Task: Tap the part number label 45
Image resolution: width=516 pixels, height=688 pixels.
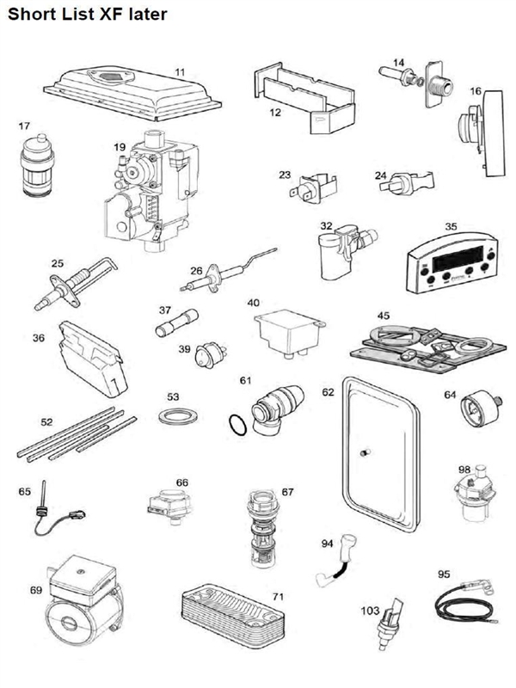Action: point(383,316)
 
